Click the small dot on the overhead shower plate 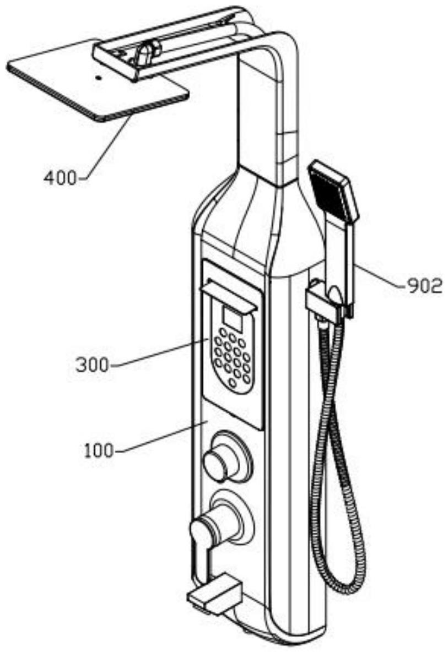point(99,78)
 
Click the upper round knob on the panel point(220,461)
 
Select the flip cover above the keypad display point(231,295)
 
